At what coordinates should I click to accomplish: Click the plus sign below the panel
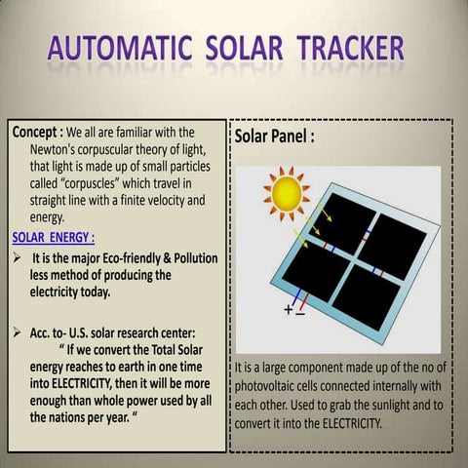[289, 310]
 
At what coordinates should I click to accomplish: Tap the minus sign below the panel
[300, 313]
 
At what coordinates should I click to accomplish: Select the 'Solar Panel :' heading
[276, 137]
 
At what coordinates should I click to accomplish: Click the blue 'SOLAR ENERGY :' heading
[54, 236]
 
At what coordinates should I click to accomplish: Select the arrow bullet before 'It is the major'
[19, 258]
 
